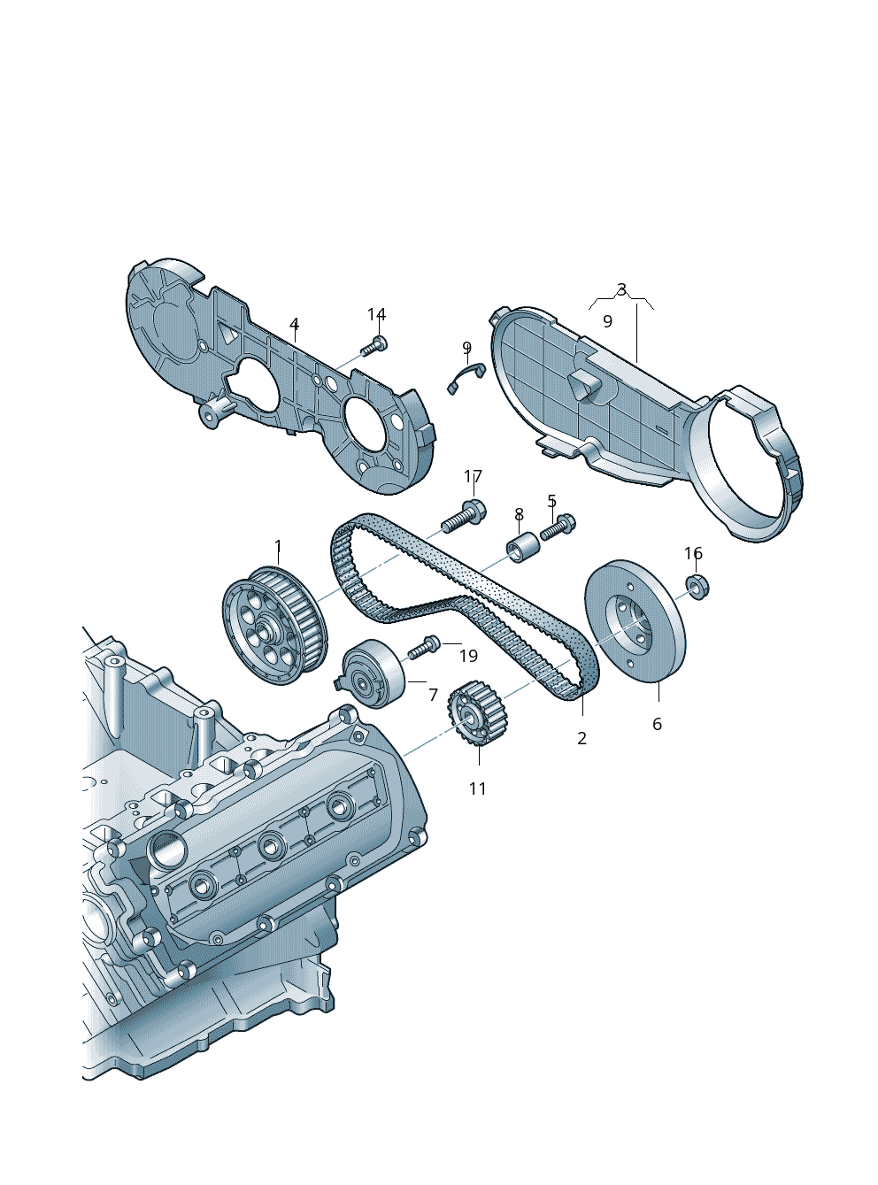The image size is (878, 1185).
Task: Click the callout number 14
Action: pos(376,315)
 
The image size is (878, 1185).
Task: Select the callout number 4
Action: pos(295,324)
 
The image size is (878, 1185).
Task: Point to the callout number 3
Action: pos(621,290)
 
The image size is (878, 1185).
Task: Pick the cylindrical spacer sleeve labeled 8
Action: pos(522,547)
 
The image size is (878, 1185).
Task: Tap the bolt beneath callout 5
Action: pos(558,527)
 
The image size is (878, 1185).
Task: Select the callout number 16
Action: pos(693,553)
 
